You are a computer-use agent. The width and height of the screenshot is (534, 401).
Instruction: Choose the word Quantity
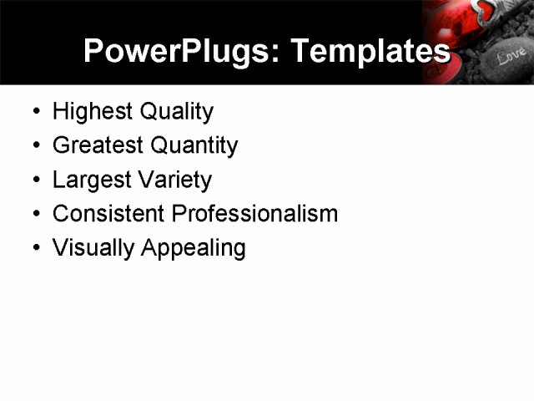coord(194,146)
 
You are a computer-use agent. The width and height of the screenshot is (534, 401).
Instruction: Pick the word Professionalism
coord(254,214)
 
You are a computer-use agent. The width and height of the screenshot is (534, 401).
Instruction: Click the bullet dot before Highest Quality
coord(33,112)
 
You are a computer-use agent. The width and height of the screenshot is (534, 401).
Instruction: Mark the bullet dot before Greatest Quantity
coord(33,146)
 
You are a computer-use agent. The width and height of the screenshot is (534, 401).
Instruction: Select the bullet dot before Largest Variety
coord(33,180)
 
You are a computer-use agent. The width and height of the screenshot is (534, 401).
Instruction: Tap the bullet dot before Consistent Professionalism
coord(33,215)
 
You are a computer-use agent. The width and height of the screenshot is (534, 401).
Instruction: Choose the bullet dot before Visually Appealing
coord(33,249)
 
